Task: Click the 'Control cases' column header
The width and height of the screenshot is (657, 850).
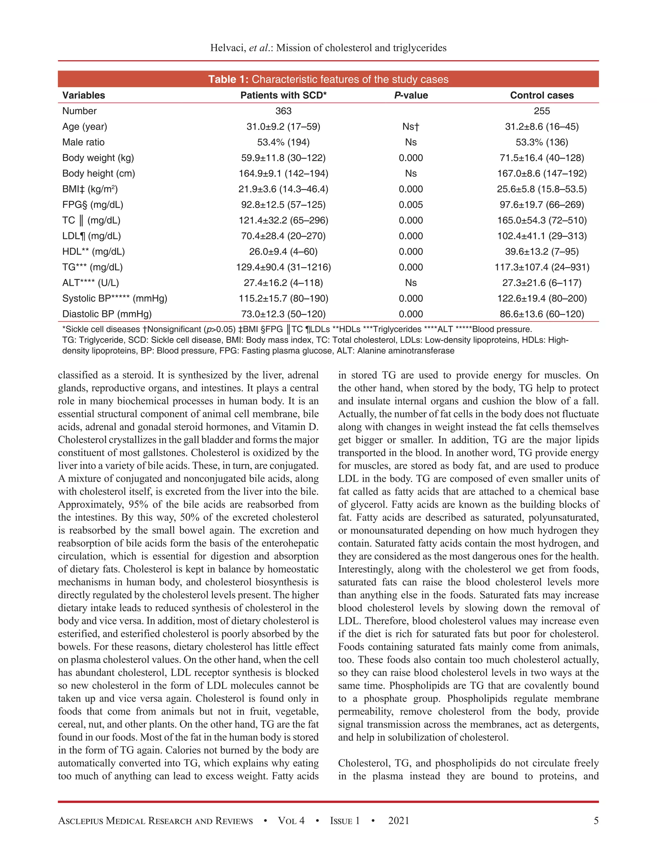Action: point(542,95)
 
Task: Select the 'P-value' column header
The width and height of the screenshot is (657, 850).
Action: point(411,95)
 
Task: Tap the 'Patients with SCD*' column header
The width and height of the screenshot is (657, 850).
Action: point(283,95)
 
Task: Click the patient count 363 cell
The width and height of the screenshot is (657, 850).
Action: point(283,111)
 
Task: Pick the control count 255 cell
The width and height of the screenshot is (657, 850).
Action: point(542,111)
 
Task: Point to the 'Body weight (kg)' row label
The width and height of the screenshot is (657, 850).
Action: point(98,157)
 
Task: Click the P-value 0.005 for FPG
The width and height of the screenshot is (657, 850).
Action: point(411,205)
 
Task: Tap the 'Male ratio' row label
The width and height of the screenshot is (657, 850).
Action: point(83,142)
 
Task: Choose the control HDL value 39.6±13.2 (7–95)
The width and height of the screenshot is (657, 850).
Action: point(542,251)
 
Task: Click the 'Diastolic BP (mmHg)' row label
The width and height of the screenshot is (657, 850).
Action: point(107,314)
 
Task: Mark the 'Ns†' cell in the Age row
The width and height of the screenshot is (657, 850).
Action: point(411,126)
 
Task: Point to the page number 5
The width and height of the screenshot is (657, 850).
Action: point(596,820)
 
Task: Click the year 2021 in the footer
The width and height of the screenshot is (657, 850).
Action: point(398,820)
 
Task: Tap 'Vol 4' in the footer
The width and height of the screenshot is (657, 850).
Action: point(291,820)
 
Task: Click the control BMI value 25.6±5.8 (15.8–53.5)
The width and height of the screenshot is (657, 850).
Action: point(542,189)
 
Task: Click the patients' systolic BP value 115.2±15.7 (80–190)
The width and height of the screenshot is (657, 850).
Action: point(283,299)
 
